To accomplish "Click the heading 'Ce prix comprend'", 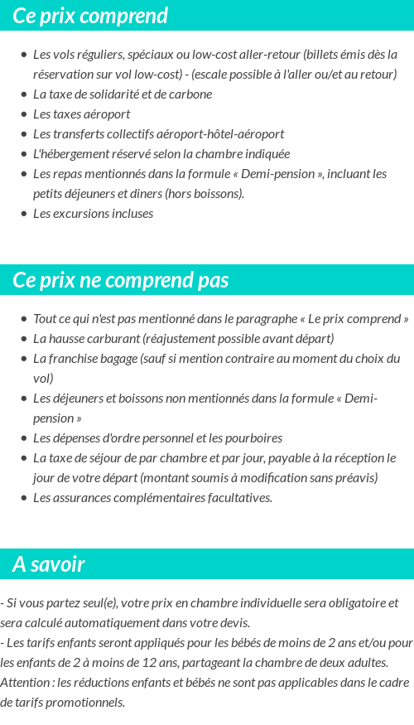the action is (x=90, y=16).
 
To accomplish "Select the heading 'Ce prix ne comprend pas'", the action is (x=120, y=280).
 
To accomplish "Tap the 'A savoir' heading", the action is (x=49, y=564).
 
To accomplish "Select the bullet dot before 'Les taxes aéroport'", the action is (x=23, y=114).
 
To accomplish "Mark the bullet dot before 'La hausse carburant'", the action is (x=23, y=339).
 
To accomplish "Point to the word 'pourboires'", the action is (x=254, y=438).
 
